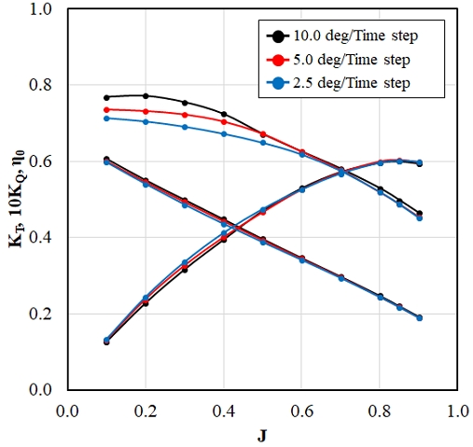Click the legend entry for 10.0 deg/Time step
click(x=342, y=36)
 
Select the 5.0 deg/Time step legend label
click(x=352, y=60)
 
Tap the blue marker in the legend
click(x=278, y=83)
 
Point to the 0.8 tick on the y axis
click(x=40, y=85)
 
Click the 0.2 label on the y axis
click(x=40, y=314)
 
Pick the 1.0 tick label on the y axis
click(x=40, y=9)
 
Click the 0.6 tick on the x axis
click(x=301, y=412)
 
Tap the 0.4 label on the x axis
click(x=224, y=412)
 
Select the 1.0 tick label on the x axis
click(x=457, y=412)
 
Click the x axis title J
click(x=262, y=436)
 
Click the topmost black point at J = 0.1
click(x=106, y=98)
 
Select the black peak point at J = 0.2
click(x=146, y=96)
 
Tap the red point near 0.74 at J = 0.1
click(x=106, y=110)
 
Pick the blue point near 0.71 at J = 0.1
click(x=106, y=119)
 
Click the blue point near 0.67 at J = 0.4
click(x=224, y=134)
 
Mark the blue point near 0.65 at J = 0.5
click(x=263, y=143)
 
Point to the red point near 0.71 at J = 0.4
click(x=224, y=121)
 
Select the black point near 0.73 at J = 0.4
click(x=224, y=114)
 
